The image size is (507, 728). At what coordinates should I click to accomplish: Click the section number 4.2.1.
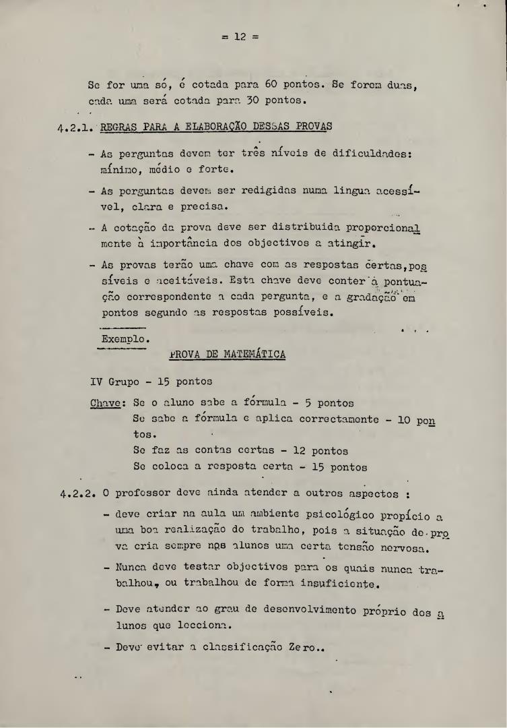pyautogui.click(x=74, y=127)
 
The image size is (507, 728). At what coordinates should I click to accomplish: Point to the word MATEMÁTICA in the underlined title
pyautogui.click(x=252, y=355)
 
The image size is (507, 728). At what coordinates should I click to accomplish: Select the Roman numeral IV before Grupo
pyautogui.click(x=96, y=382)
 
